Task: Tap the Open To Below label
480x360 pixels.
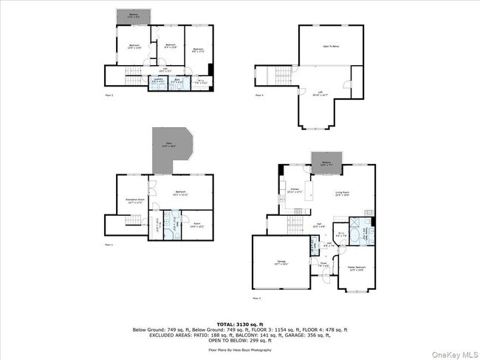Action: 331,46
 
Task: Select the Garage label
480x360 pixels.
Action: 281,262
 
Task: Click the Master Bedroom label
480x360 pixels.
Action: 357,269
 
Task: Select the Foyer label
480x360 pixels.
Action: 323,263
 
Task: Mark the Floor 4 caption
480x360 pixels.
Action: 259,95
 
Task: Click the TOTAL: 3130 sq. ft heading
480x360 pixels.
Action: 239,324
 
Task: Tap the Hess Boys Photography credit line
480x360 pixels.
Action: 239,349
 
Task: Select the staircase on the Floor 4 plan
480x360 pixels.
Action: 282,75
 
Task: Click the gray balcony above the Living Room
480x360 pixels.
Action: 326,167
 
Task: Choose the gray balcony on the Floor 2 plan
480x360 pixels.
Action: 134,16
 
